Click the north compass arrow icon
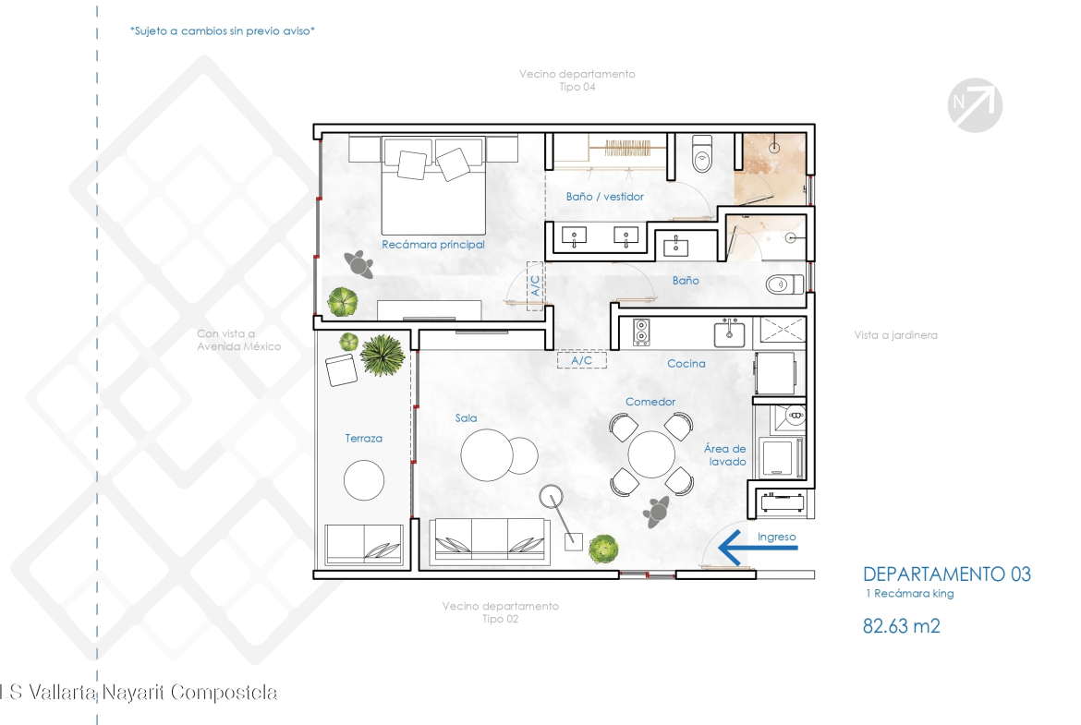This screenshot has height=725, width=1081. click(975, 104)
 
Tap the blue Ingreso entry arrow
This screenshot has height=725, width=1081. click(758, 548)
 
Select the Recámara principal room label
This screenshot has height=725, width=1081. click(433, 245)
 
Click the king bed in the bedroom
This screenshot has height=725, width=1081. click(433, 186)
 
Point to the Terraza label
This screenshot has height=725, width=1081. click(363, 439)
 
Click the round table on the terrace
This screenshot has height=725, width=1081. click(364, 479)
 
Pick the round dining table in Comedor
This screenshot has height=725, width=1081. click(651, 454)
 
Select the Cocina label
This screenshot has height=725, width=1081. click(686, 363)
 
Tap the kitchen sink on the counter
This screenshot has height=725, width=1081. click(729, 333)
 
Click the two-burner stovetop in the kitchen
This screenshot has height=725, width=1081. click(641, 332)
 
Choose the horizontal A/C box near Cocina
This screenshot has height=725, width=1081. click(582, 360)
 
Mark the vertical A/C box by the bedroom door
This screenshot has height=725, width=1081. click(535, 286)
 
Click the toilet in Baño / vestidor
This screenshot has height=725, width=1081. click(702, 153)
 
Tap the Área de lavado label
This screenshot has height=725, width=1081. click(724, 454)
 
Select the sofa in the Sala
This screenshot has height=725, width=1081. click(490, 541)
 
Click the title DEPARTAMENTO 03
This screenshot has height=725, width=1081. click(946, 574)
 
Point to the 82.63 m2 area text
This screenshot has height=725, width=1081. click(901, 626)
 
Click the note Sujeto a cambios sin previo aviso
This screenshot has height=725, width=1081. click(222, 31)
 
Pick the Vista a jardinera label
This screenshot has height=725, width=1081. click(895, 335)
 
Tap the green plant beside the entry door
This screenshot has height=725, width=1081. click(604, 549)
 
